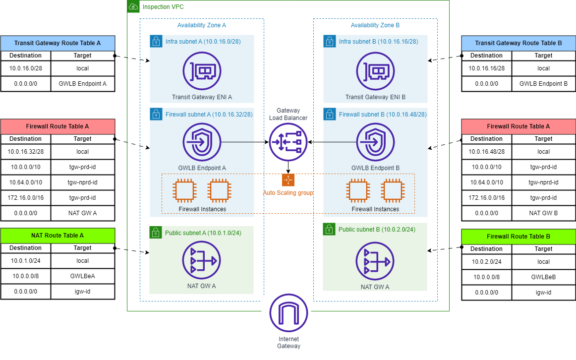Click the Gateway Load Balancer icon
pos(288,142)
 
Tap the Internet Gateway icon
pos(288,313)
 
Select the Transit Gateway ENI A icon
pos(202,72)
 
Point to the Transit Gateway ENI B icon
pos(375,72)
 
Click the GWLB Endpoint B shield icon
pos(375,142)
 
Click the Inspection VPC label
pos(163,7)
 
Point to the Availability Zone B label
pos(375,25)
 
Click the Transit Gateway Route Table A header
pos(58,43)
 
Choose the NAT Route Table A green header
pos(58,236)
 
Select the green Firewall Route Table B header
pos(518,237)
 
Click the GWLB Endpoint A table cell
pos(83,84)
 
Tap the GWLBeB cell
pos(544,277)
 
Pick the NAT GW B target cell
pos(544,213)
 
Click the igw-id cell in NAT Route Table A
pos(83,292)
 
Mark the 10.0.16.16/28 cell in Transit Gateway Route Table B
pos(487,68)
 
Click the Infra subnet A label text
pos(203,42)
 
